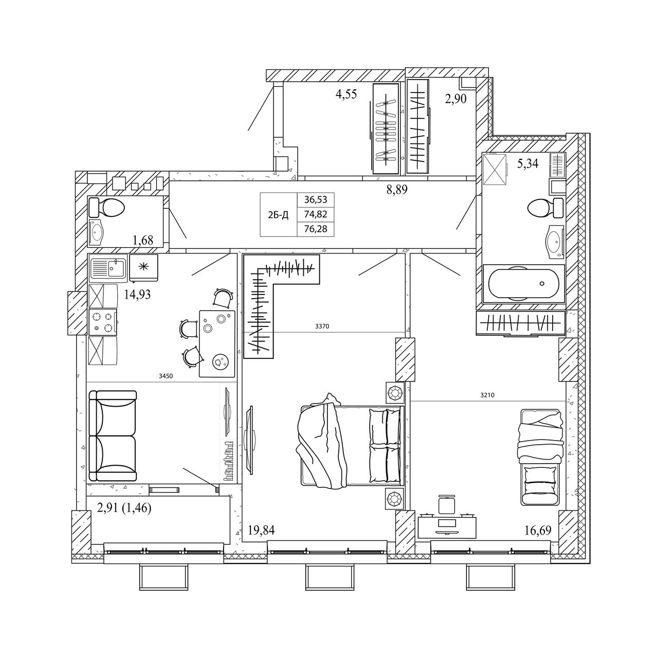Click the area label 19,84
(261, 530)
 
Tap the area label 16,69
(538, 531)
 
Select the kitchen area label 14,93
(137, 294)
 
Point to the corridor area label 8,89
(397, 189)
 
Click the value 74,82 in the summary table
(316, 214)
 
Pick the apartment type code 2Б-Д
(278, 215)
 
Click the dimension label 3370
(322, 326)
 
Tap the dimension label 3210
(487, 395)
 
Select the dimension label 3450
(166, 376)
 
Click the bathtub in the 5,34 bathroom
(523, 284)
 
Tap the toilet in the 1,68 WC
(106, 207)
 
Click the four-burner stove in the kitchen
(103, 322)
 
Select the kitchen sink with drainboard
(108, 268)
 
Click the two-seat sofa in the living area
(113, 436)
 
